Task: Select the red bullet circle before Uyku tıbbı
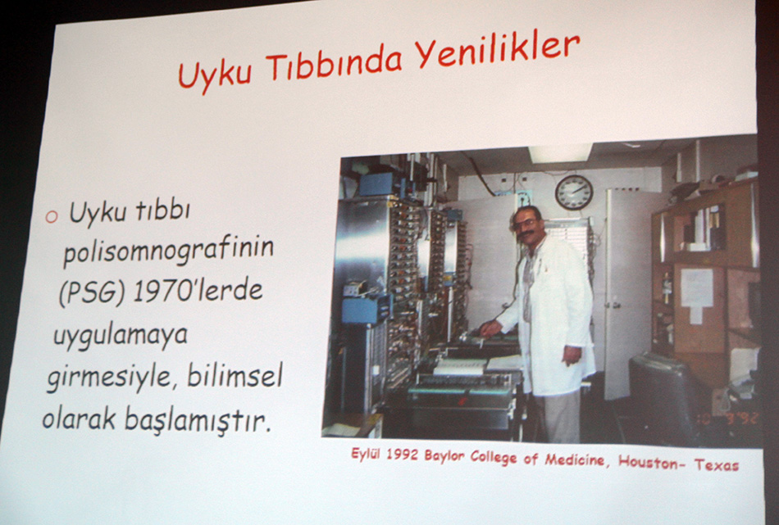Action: (x=52, y=216)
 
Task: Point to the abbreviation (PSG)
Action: (x=91, y=293)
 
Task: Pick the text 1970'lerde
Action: (x=198, y=291)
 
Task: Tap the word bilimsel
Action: (x=235, y=376)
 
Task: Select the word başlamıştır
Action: (x=198, y=420)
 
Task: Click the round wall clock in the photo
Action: (x=574, y=192)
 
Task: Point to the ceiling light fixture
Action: (x=560, y=153)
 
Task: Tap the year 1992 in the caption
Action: (x=402, y=455)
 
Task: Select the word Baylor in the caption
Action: (x=444, y=456)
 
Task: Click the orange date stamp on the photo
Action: (x=736, y=418)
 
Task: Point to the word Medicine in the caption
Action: (x=575, y=460)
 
